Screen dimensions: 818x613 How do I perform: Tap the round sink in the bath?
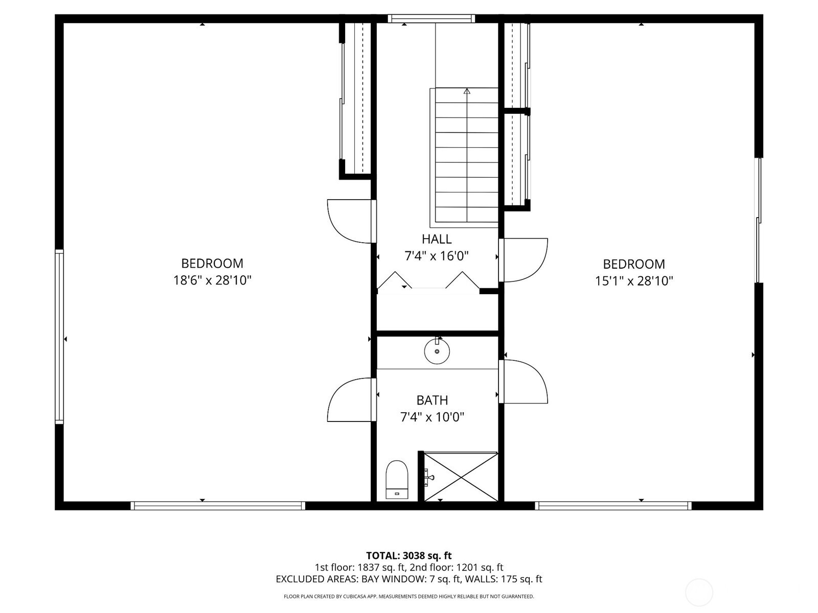(x=437, y=350)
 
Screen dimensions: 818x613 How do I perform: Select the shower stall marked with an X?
(x=461, y=477)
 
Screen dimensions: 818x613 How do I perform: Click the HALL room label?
(x=437, y=239)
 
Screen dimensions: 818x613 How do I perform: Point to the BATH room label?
(x=432, y=400)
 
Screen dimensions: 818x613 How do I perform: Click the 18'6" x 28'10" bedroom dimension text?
(x=212, y=280)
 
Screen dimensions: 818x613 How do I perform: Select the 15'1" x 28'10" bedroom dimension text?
(x=634, y=280)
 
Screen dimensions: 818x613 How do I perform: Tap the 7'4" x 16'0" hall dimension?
(x=437, y=256)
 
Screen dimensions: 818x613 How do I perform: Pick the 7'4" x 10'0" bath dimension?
(x=433, y=417)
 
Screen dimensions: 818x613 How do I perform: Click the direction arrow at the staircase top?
(x=467, y=91)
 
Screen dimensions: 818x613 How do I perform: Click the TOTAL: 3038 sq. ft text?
(x=409, y=556)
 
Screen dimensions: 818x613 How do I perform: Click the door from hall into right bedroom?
(x=523, y=260)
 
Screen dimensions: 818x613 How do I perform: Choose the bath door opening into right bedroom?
(x=523, y=382)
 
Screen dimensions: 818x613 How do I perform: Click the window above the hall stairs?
(x=431, y=18)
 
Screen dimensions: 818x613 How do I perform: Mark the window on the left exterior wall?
(x=59, y=337)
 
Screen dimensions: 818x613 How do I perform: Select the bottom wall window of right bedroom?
(x=613, y=505)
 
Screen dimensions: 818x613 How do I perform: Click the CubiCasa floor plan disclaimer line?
(x=409, y=596)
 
